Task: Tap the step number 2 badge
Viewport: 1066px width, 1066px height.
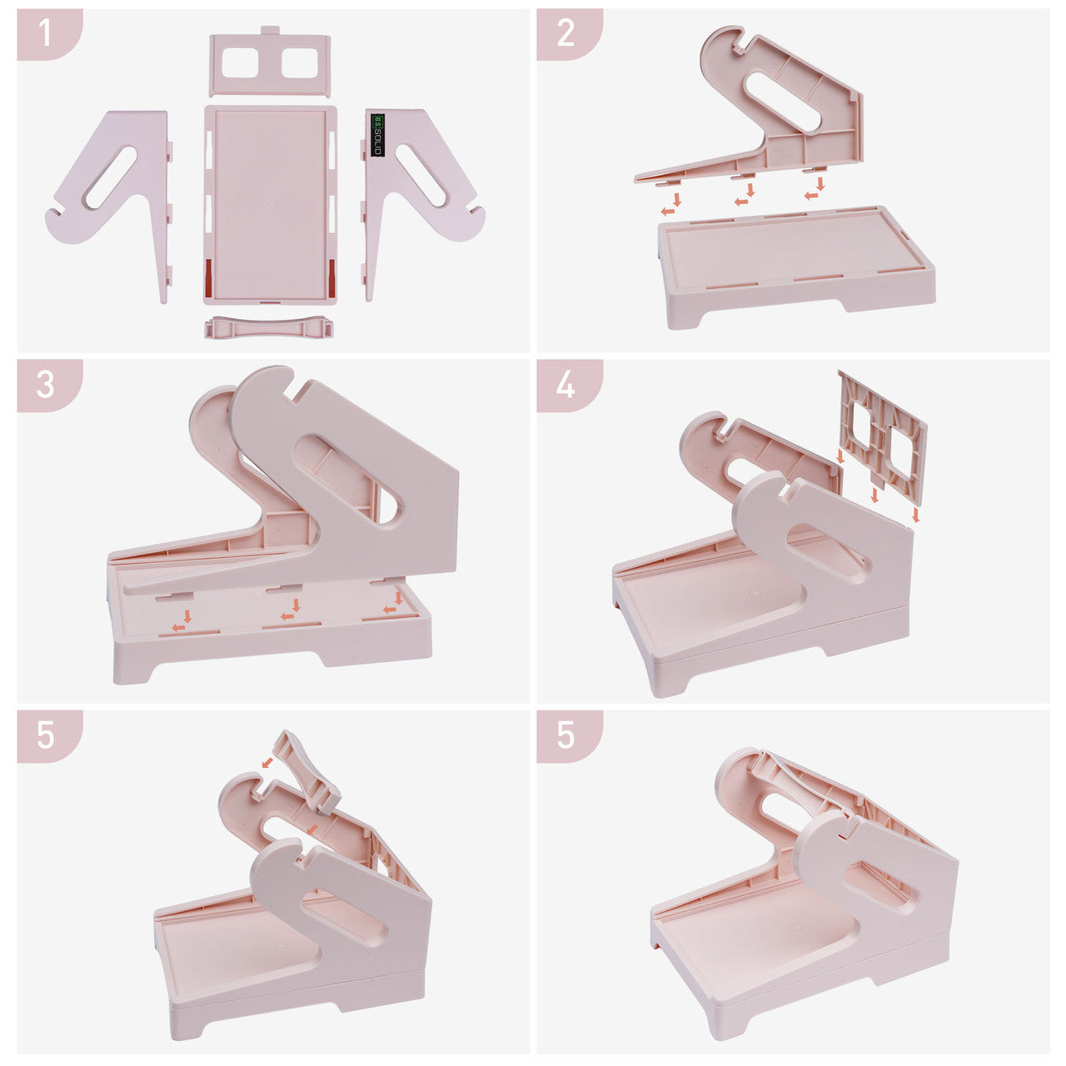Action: tap(570, 34)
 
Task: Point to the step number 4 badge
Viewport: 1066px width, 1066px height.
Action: tap(570, 386)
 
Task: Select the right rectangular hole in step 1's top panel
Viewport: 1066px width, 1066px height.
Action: tap(299, 62)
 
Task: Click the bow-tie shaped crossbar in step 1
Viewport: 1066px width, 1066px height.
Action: tap(269, 327)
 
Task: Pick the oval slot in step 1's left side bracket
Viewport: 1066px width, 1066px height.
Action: tap(112, 177)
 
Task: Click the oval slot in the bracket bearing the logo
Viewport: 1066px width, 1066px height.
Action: tap(421, 175)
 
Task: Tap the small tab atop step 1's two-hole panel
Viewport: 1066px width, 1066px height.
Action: tap(269, 30)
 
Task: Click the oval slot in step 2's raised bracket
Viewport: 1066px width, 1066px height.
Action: tap(783, 100)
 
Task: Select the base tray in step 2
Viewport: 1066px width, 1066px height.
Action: tap(797, 266)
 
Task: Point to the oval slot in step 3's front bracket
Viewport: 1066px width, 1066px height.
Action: tap(346, 479)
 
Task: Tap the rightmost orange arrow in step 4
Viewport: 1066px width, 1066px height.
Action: tap(915, 515)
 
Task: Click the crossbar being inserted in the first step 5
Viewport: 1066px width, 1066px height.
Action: tap(307, 770)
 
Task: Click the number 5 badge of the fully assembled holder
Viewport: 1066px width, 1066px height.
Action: tap(570, 736)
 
